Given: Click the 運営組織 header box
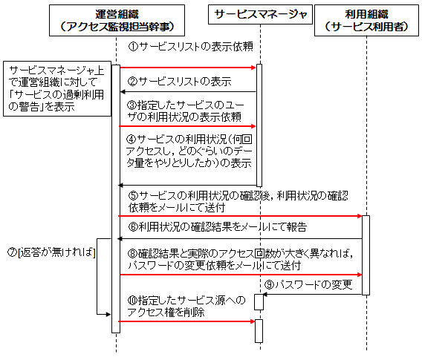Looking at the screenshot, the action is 117,21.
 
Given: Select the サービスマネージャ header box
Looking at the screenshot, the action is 260,15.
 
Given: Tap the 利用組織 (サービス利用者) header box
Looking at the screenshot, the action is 366,21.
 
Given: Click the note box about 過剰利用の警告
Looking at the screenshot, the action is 57,89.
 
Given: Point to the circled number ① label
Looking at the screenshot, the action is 133,47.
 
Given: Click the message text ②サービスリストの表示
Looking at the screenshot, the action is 179,81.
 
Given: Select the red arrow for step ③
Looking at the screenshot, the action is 187,126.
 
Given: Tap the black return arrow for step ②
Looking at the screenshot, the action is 188,92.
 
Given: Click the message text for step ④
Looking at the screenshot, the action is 189,151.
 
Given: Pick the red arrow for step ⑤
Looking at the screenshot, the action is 240,216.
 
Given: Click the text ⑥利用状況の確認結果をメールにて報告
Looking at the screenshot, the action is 218,227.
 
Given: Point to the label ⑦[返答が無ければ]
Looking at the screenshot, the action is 51,252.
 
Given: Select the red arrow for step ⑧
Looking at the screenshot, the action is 241,275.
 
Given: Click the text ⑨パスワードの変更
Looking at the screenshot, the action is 308,284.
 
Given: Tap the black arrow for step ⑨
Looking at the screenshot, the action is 312,295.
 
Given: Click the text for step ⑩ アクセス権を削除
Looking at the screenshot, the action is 186,307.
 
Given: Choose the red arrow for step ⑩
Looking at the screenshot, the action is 186,321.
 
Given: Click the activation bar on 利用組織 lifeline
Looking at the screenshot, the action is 366,255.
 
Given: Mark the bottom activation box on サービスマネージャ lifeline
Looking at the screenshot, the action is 259,331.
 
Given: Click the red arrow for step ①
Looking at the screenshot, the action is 188,68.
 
